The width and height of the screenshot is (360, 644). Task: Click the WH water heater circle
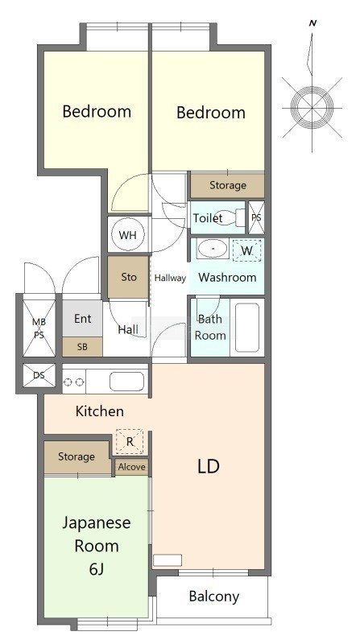(x=127, y=235)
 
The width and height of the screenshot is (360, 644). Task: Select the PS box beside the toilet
(x=256, y=217)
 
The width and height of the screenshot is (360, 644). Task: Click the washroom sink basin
(x=212, y=249)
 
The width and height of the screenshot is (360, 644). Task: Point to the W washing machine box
(x=246, y=250)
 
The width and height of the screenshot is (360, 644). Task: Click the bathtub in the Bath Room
(x=247, y=328)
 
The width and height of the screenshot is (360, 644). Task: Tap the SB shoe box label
(x=82, y=347)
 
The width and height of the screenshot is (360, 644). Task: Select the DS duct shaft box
(x=39, y=375)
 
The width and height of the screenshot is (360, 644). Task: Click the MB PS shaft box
(x=39, y=328)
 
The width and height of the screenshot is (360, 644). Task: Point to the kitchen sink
(x=126, y=381)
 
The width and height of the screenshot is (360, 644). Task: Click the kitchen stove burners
(x=74, y=382)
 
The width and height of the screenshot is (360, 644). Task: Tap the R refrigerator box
(x=130, y=441)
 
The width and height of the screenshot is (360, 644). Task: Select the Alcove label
(x=131, y=467)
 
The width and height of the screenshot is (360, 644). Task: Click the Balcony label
(x=214, y=597)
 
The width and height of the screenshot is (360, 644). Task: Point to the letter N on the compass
(x=312, y=23)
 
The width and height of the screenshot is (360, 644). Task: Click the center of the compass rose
(x=312, y=108)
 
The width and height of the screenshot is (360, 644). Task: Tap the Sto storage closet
(x=129, y=277)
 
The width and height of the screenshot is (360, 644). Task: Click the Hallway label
(x=170, y=278)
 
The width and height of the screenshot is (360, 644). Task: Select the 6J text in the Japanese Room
(x=96, y=569)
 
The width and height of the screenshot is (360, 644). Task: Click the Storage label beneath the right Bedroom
(x=228, y=185)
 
